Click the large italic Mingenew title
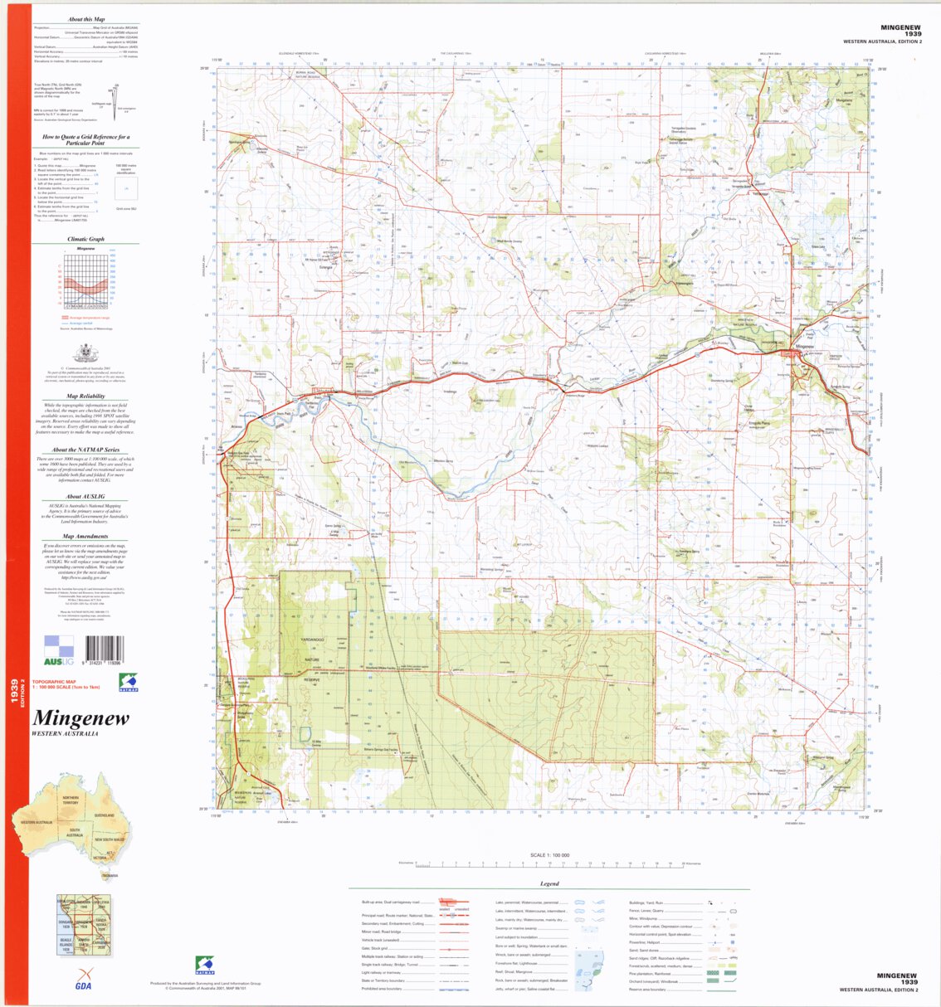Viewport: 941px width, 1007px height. pyautogui.click(x=80, y=718)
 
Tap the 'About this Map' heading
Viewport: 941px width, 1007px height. pyautogui.click(x=86, y=19)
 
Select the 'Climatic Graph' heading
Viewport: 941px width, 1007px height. pyautogui.click(x=85, y=239)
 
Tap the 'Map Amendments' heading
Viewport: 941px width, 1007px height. pyautogui.click(x=86, y=537)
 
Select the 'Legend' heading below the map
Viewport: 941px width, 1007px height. pyautogui.click(x=549, y=883)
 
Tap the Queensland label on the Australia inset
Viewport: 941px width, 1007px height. pyautogui.click(x=103, y=815)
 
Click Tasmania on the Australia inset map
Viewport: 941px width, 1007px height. pyautogui.click(x=109, y=874)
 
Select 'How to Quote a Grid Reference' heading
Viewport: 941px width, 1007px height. pyautogui.click(x=86, y=139)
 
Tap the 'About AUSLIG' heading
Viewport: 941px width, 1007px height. pyautogui.click(x=86, y=497)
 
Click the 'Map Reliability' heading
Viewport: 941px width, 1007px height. pyautogui.click(x=86, y=396)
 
